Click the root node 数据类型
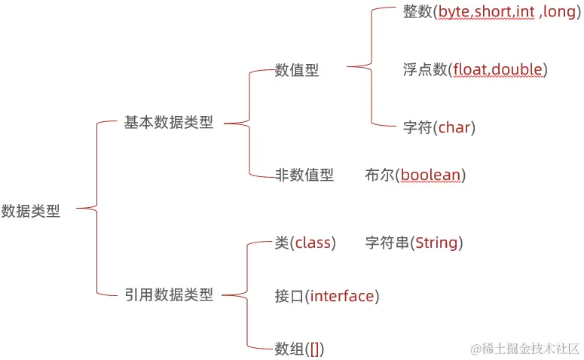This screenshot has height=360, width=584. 31,212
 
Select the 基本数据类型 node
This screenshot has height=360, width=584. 169,123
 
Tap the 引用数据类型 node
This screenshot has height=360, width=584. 169,295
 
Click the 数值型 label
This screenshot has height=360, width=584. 297,70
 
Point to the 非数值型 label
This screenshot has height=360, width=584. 304,175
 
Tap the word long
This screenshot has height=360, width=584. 559,13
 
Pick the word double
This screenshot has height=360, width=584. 518,70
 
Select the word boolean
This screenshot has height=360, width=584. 430,175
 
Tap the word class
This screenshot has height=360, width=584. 313,243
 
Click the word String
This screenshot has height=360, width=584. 436,243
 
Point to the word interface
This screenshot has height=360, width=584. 342,296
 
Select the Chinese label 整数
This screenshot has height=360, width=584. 417,13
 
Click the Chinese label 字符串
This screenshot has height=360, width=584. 387,243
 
